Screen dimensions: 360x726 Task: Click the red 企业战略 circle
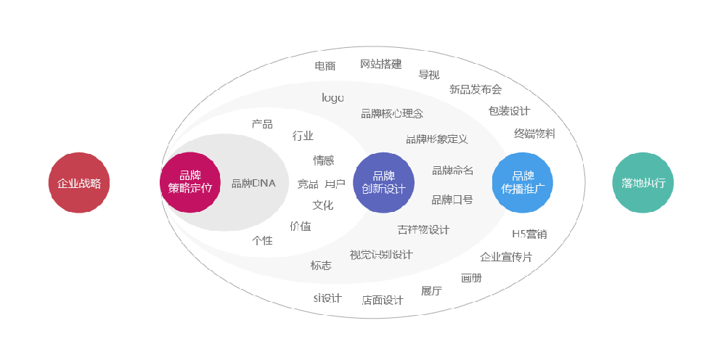79,183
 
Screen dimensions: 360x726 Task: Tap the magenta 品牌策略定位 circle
189,182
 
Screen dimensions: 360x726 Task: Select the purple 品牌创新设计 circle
383,182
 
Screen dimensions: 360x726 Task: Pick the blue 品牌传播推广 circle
522,182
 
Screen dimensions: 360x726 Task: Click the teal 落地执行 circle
643,183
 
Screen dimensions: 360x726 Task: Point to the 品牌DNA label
253,183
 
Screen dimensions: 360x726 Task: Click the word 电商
325,66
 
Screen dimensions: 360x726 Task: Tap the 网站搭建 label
380,64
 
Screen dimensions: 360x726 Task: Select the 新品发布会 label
476,89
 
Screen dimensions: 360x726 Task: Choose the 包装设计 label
509,111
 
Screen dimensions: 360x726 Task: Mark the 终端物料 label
534,134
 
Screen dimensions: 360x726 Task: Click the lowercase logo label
333,97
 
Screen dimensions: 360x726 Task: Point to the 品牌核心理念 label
392,113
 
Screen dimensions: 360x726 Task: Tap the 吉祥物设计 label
423,229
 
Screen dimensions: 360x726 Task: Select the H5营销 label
529,234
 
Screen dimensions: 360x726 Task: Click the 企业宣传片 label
506,257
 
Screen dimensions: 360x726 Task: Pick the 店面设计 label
382,300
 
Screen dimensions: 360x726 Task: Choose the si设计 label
327,298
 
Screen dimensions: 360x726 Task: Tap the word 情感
323,160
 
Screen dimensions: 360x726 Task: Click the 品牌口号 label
452,200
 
